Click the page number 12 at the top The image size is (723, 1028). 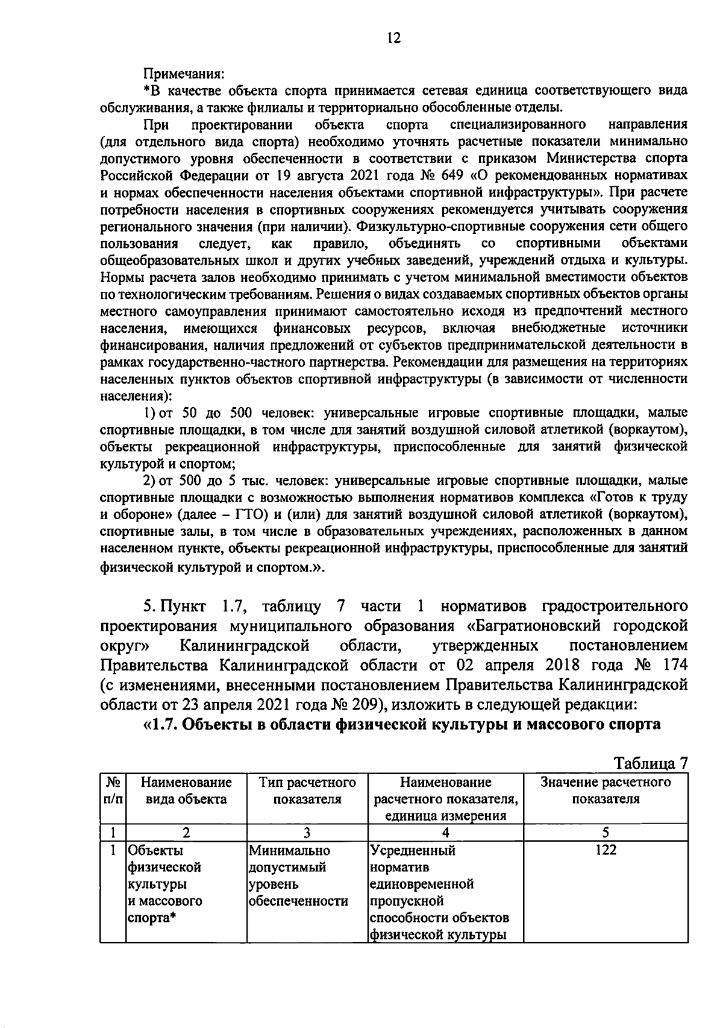coord(393,38)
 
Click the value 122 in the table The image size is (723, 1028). coord(606,850)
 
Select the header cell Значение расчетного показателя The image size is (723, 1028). coord(606,791)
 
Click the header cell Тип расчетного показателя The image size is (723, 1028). coord(307,791)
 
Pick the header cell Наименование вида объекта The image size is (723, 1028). coord(186,791)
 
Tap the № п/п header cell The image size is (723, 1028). coord(112,791)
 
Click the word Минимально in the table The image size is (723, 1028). coord(290,850)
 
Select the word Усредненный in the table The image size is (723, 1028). coord(413,850)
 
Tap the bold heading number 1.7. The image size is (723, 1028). coord(164,725)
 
